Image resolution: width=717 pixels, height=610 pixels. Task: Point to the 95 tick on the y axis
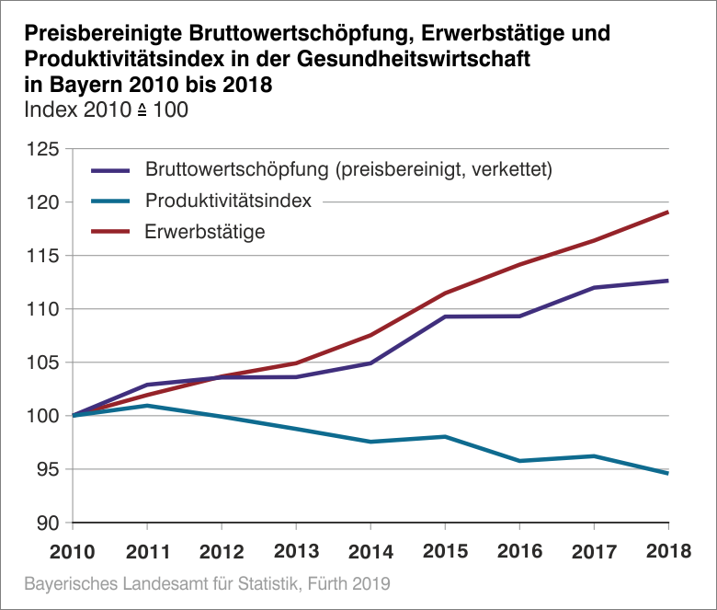pos(46,469)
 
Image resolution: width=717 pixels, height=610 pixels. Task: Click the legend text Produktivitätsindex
pos(228,201)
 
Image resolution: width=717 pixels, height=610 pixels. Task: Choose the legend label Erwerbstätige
pos(205,232)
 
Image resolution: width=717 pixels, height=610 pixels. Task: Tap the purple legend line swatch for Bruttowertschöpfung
pos(112,170)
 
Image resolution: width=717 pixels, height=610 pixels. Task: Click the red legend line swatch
pos(112,232)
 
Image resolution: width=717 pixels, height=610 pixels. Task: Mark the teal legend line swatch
pos(112,201)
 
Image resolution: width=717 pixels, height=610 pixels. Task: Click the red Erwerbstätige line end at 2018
pos(667,213)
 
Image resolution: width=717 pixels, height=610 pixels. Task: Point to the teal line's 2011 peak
pos(148,406)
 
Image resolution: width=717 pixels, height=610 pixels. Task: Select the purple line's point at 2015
pos(445,317)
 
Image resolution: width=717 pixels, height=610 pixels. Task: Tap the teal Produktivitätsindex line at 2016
pos(519,461)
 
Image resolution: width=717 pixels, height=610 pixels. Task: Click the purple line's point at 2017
pos(594,288)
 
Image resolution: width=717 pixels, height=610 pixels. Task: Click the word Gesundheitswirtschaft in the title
pos(433,59)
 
